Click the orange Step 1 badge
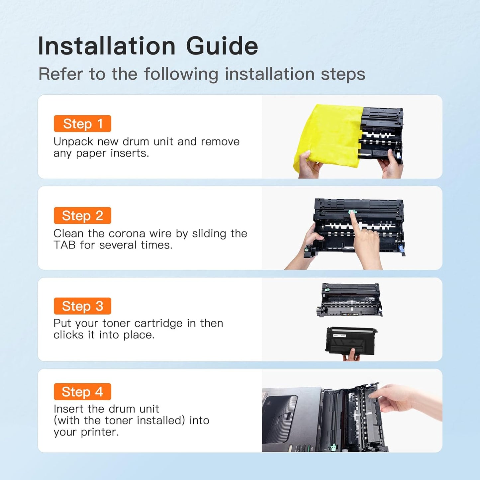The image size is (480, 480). pos(82,124)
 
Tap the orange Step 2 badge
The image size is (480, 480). pos(82,216)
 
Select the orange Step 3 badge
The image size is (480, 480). pos(82,306)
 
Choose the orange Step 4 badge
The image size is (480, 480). pos(82,392)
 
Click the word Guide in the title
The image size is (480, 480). pos(222,46)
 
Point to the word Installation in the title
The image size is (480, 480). pos(107,46)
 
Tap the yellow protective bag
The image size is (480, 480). pos(329,137)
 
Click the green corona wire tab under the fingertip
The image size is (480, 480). pos(351,212)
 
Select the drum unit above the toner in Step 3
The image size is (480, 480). pos(350,300)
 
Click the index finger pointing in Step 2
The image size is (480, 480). pos(354,224)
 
